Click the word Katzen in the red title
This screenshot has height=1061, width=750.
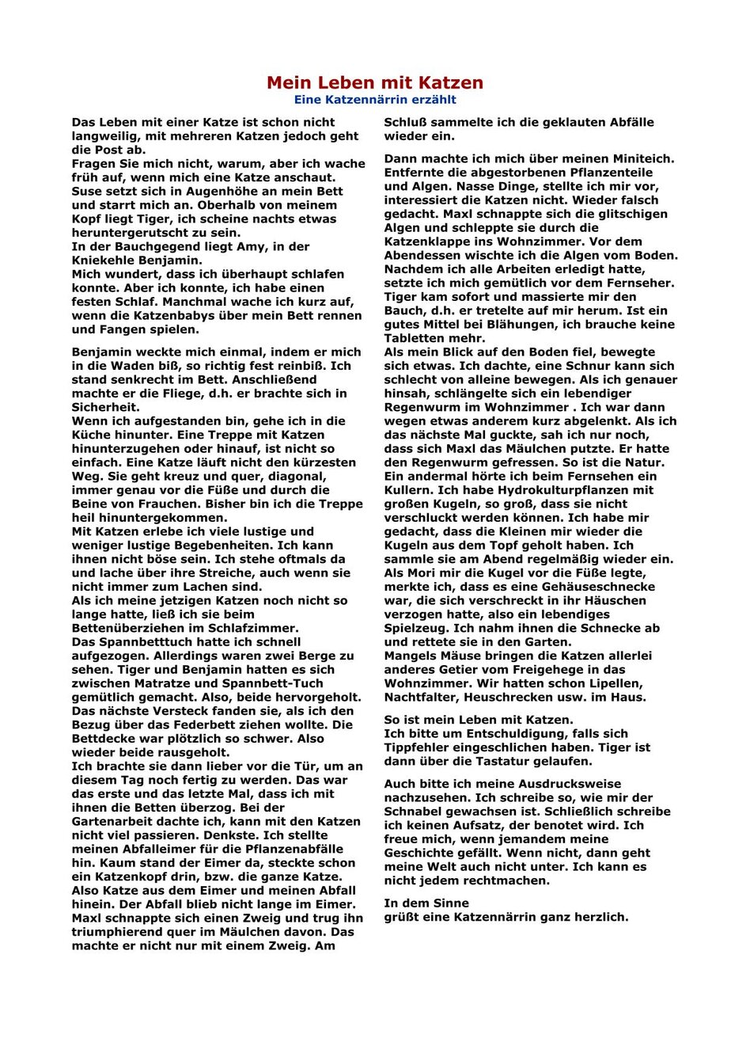445,83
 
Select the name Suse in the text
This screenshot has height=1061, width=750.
86,192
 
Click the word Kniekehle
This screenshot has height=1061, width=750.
104,260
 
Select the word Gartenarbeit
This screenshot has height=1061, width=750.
112,822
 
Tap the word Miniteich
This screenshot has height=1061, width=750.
639,158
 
